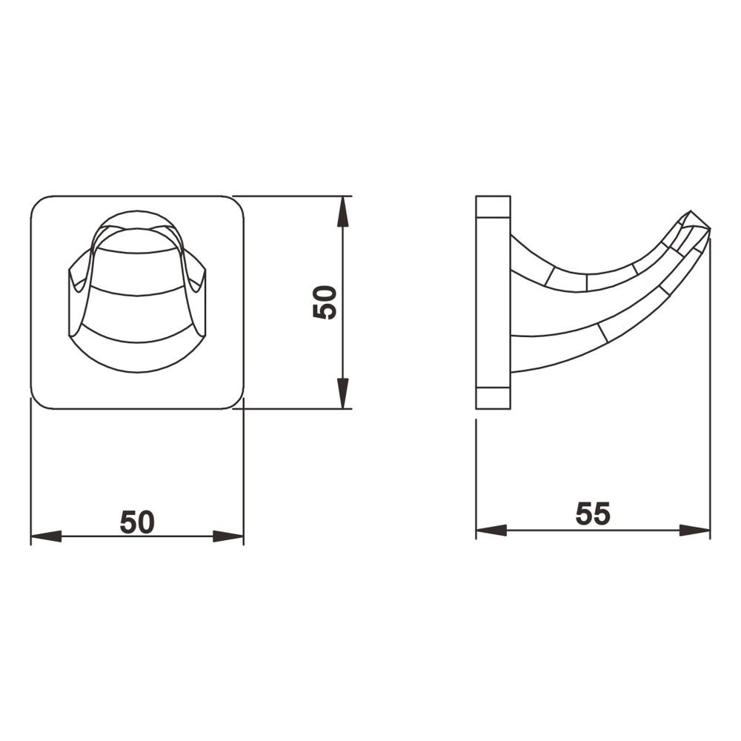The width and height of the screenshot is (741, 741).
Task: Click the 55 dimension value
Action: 593,514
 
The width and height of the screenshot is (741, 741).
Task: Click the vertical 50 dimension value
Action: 325,302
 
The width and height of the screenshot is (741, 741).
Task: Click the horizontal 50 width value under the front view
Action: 137,522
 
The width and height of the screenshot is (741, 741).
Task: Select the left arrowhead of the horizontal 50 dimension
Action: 46,536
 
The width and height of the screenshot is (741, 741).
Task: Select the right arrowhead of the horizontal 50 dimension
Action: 228,536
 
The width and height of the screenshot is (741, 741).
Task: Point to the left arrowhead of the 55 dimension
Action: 491,531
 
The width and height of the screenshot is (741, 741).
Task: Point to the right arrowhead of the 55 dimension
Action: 694,531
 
